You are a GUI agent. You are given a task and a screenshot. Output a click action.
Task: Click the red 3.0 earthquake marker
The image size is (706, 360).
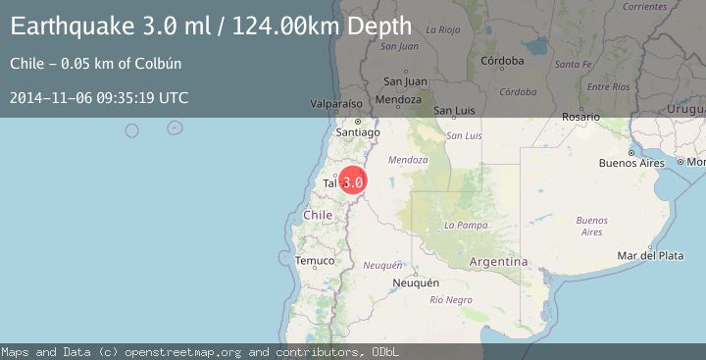coord(353,181)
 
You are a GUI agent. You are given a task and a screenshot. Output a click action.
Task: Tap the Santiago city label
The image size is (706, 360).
coord(357,131)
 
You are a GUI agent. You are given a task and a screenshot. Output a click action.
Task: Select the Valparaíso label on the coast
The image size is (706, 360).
coord(336,102)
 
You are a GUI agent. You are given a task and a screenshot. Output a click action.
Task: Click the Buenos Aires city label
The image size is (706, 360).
coord(631,162)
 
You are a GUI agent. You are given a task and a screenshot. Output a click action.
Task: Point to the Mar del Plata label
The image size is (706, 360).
coord(650,255)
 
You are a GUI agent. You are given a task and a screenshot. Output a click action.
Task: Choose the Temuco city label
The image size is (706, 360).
coord(315,260)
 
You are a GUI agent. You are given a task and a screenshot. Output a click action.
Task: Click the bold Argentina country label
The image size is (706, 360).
coord(498,262)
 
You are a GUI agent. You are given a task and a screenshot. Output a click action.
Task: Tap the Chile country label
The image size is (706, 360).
coord(319,214)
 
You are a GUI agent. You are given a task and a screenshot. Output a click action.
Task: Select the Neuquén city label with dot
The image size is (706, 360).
coord(415,283)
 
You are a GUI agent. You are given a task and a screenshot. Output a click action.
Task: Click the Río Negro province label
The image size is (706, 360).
coord(451,299)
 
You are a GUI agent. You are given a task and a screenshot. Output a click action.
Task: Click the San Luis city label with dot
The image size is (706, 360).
coord(454,110)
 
